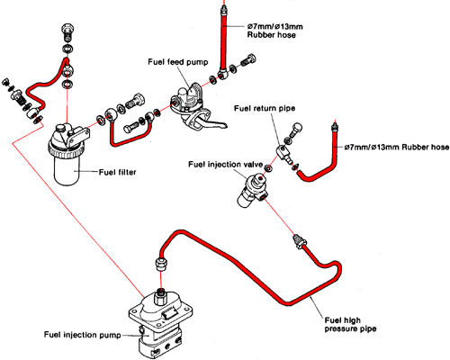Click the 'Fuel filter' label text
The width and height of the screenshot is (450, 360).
pyautogui.click(x=117, y=172)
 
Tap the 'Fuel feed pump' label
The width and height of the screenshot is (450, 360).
pyautogui.click(x=178, y=62)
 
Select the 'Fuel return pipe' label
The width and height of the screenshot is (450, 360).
pyautogui.click(x=265, y=108)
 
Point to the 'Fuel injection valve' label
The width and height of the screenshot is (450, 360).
pyautogui.click(x=225, y=165)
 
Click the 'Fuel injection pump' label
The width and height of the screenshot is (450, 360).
pyautogui.click(x=82, y=335)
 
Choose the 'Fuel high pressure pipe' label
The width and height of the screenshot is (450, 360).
pyautogui.click(x=350, y=325)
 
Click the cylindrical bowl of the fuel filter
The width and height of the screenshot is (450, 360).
pyautogui.click(x=67, y=169)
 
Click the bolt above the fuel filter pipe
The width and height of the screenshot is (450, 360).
pyautogui.click(x=68, y=31)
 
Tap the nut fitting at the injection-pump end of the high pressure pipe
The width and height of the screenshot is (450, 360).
pyautogui.click(x=161, y=264)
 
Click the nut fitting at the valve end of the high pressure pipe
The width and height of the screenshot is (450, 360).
pyautogui.click(x=298, y=241)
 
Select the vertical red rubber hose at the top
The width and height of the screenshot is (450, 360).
pyautogui.click(x=223, y=39)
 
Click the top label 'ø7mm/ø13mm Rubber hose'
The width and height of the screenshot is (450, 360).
pyautogui.click(x=274, y=31)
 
